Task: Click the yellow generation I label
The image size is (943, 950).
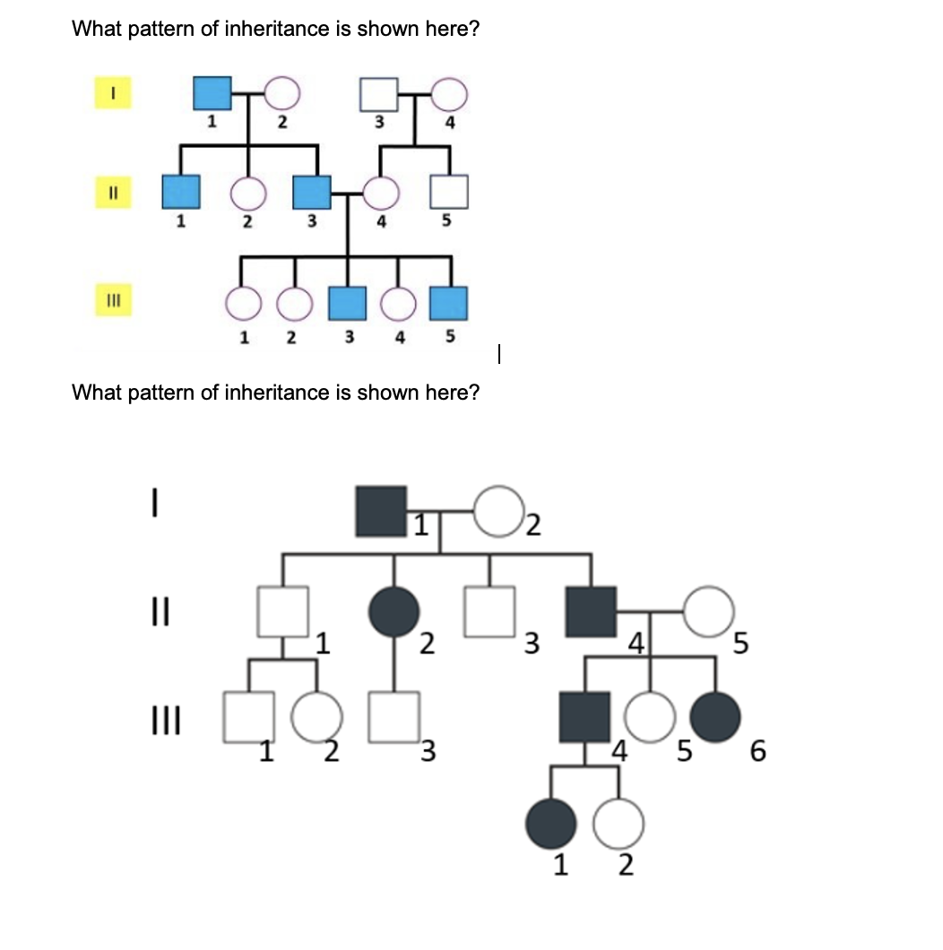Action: (x=114, y=92)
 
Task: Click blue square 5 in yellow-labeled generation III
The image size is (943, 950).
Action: (x=449, y=305)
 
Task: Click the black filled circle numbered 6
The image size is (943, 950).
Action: (x=716, y=717)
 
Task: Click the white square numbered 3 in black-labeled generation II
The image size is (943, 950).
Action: (x=489, y=612)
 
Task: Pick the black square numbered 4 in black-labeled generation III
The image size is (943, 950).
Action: (x=584, y=717)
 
